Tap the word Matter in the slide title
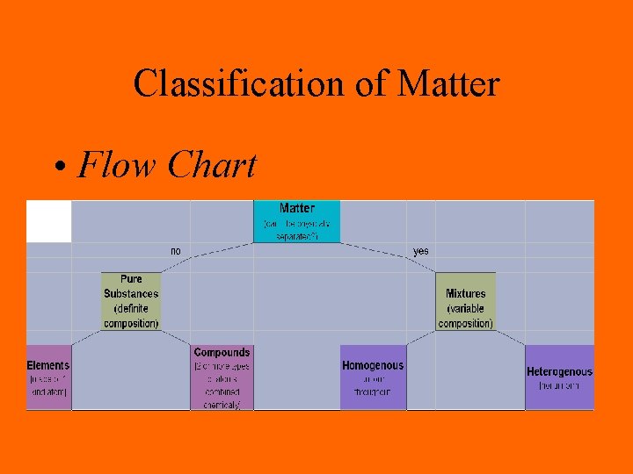point(448,84)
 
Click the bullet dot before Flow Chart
point(57,167)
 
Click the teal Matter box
point(296,222)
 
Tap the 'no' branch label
point(176,251)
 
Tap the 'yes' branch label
point(421,251)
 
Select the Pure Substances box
point(131,301)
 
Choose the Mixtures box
point(465,301)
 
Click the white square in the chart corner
point(48,221)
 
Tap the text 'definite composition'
point(131,316)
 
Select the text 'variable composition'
point(465,316)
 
